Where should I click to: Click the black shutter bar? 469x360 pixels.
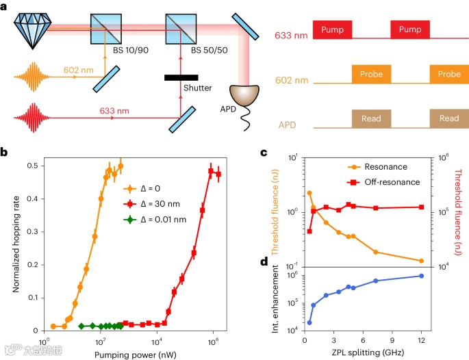[x=181, y=77]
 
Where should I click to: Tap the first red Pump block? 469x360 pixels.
[x=333, y=29]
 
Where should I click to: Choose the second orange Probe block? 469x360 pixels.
[x=449, y=74]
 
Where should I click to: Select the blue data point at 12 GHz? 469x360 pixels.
[x=421, y=276]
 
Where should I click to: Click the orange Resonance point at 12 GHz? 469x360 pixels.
[x=421, y=261]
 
